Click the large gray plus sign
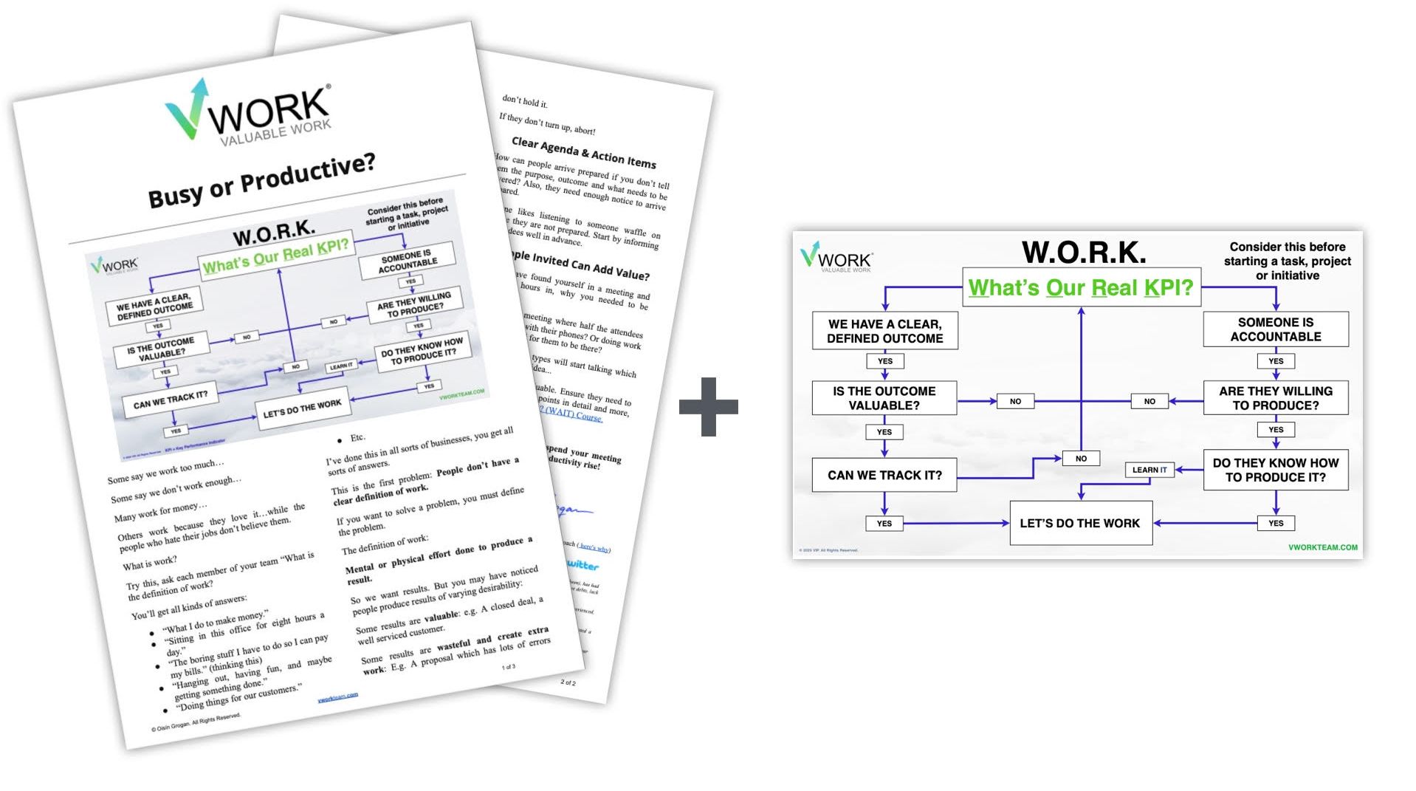tap(708, 406)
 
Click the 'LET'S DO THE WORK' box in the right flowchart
tap(1080, 523)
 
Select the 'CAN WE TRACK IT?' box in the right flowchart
tap(884, 475)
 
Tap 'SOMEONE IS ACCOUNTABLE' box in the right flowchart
tap(1275, 329)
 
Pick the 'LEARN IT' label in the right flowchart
tap(1149, 470)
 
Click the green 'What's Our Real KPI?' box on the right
tap(1081, 287)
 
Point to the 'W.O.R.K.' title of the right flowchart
tap(1084, 252)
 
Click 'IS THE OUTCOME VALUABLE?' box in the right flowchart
tap(884, 398)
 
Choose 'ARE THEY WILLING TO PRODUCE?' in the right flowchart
tap(1275, 398)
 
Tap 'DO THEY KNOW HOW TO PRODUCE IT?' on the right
tap(1275, 470)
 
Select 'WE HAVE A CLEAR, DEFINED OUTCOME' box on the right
tap(884, 331)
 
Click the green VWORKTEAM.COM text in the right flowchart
tap(1322, 547)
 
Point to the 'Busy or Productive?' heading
tap(261, 180)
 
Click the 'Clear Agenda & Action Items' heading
tap(583, 152)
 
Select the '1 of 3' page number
tap(509, 667)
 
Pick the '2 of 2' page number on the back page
tap(568, 682)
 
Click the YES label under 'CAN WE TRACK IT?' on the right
tap(884, 524)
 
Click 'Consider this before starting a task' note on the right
tap(1287, 261)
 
